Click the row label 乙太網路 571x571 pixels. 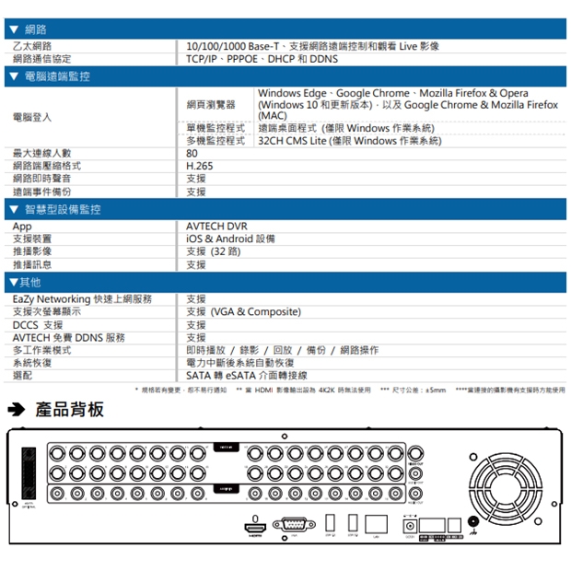(x=33, y=46)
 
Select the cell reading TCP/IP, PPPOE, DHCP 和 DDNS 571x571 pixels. (x=262, y=59)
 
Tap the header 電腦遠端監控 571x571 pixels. (x=57, y=76)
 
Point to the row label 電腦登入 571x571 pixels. (x=33, y=117)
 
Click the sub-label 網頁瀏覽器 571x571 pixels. (x=211, y=105)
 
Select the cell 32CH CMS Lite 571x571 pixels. (x=350, y=141)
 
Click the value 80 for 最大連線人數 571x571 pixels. (x=192, y=154)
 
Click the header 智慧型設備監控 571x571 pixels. (x=63, y=210)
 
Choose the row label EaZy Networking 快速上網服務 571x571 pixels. (x=83, y=299)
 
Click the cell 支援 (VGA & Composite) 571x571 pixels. (x=243, y=312)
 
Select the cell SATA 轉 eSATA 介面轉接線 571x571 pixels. (x=247, y=376)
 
